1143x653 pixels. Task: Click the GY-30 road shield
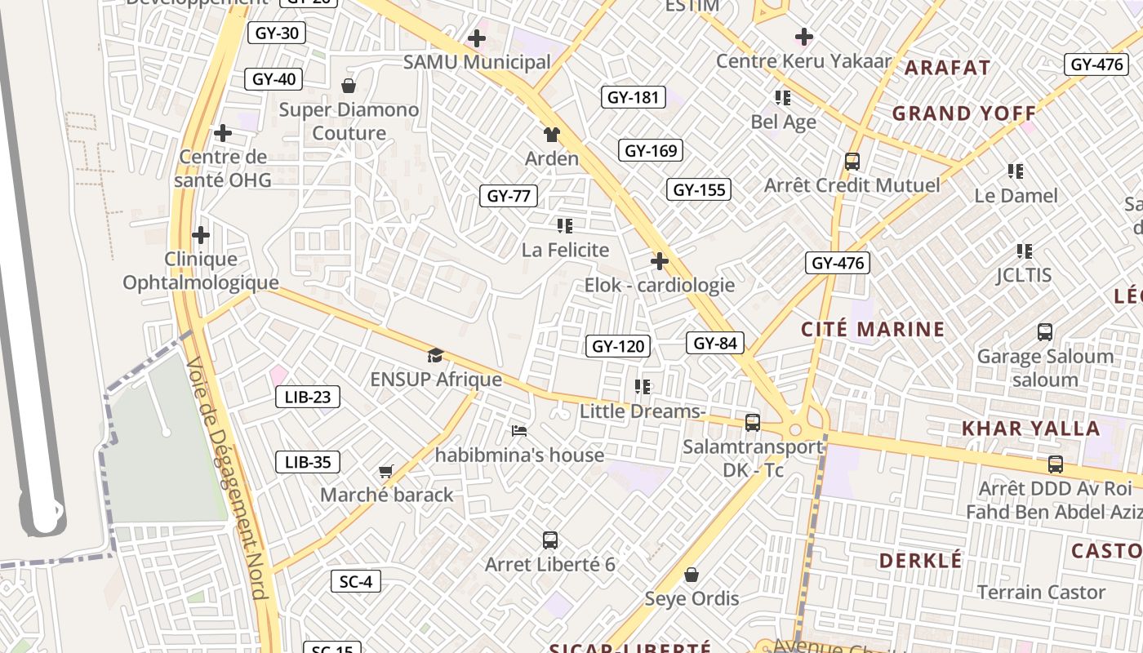tap(277, 33)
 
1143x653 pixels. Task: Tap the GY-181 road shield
tap(634, 97)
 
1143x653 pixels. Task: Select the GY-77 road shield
tap(509, 196)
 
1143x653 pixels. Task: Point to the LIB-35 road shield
tap(308, 462)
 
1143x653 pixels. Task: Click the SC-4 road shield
tap(356, 581)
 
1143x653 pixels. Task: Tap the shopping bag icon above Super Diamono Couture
tap(349, 86)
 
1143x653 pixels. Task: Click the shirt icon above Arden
tap(552, 135)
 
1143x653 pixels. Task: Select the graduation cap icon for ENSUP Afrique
tap(435, 356)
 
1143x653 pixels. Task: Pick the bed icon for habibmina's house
tap(519, 431)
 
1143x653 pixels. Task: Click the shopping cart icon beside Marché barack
tap(386, 471)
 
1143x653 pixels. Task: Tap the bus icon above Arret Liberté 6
tap(550, 540)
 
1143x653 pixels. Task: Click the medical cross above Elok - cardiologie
tap(660, 261)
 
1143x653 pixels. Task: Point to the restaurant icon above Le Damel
tap(1016, 171)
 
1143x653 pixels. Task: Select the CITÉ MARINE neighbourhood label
tap(873, 330)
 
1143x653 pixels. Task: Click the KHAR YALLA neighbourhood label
tap(1030, 429)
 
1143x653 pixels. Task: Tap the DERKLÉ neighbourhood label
tap(921, 561)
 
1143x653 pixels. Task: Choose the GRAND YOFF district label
tap(963, 113)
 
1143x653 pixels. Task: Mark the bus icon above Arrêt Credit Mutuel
tap(852, 162)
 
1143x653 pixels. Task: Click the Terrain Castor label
tap(1041, 592)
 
